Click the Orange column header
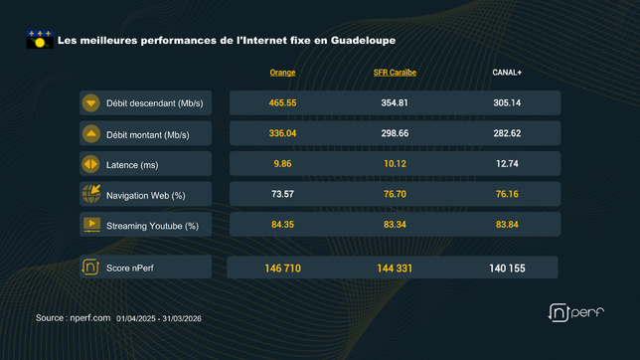pos(282,73)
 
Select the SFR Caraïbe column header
pos(395,73)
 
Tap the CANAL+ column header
pos(507,73)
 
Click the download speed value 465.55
pos(282,103)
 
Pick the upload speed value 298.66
pos(395,133)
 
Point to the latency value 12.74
pos(507,164)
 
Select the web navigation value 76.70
pos(395,194)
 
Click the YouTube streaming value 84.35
pos(282,225)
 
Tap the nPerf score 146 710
pos(282,269)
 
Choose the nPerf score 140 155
pos(507,269)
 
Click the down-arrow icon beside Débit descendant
pos(91,103)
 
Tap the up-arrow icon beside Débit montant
pos(91,133)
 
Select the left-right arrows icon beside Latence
pos(91,164)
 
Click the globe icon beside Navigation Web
pos(91,194)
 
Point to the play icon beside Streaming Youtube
pos(91,225)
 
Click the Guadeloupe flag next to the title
pos(39,40)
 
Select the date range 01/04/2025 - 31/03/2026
pos(159,318)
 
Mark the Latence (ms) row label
pos(132,165)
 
